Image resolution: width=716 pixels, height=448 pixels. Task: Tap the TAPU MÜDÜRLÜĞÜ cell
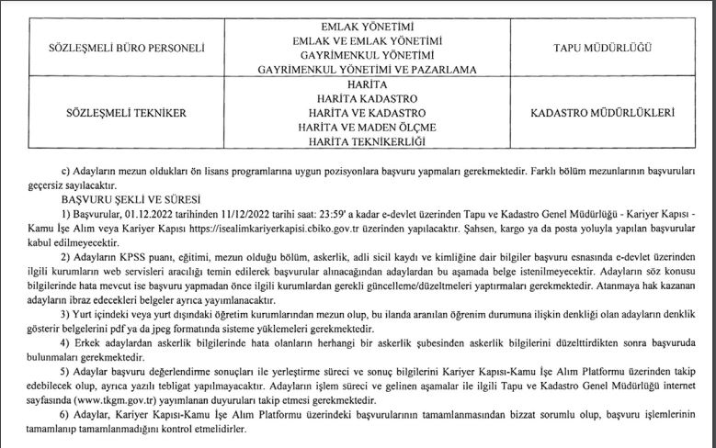point(603,45)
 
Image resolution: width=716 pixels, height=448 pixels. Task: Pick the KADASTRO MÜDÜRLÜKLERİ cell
point(603,113)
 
